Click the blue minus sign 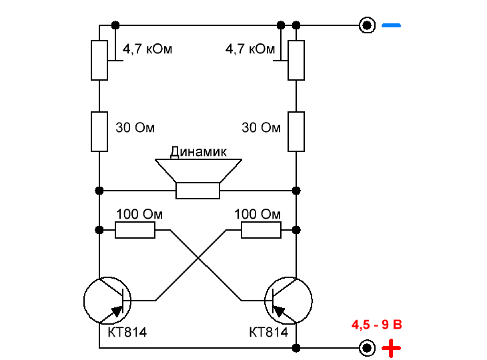[x=391, y=25]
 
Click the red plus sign [x=391, y=348]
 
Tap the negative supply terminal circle [x=367, y=25]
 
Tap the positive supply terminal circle [x=367, y=348]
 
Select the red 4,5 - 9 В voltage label [x=377, y=325]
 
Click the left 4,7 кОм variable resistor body [x=99, y=60]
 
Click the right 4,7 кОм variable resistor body [x=296, y=60]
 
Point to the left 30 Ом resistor [x=99, y=131]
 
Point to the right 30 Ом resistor [x=296, y=131]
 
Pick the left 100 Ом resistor [x=135, y=230]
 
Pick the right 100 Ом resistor [x=262, y=230]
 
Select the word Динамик [x=198, y=151]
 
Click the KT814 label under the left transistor [x=127, y=333]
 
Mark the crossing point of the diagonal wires [x=198, y=257]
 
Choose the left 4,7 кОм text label [x=147, y=49]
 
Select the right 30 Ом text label [x=262, y=127]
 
